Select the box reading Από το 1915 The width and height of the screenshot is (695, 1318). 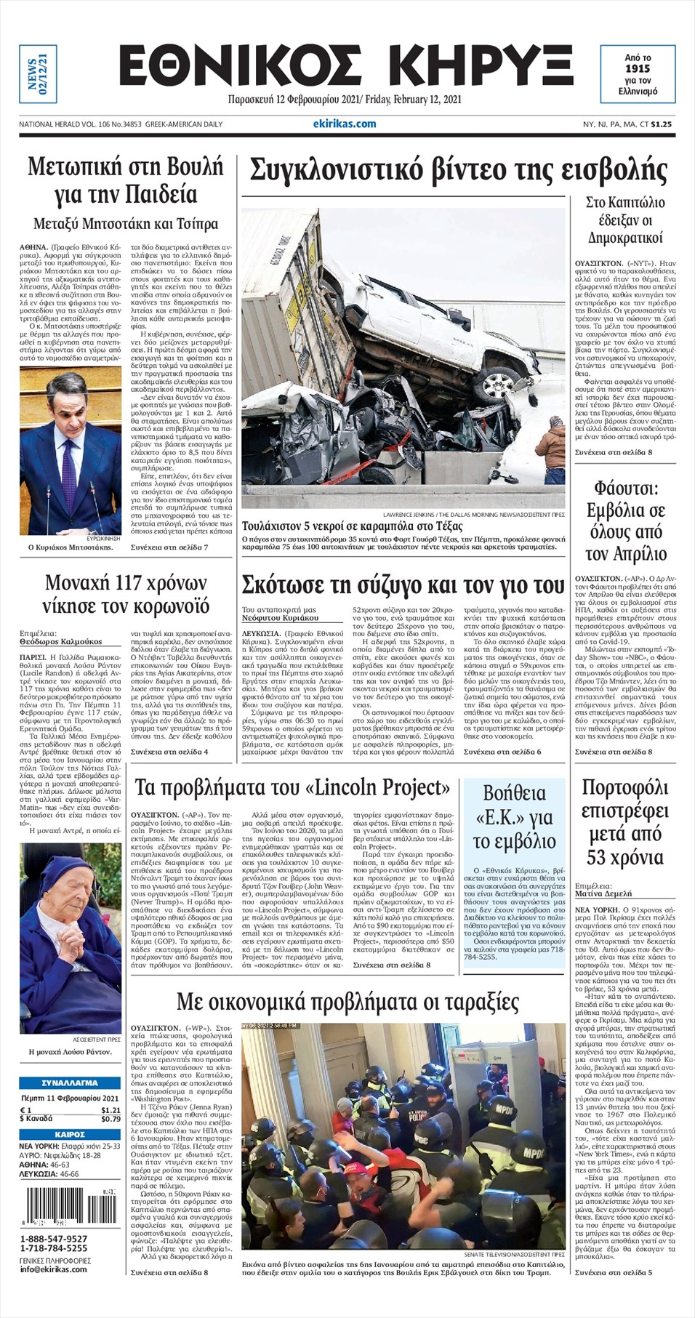click(x=638, y=74)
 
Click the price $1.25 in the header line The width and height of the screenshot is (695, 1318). click(x=661, y=124)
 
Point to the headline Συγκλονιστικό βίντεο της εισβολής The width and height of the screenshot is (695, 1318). click(x=458, y=171)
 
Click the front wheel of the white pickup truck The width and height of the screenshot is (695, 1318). click(x=499, y=383)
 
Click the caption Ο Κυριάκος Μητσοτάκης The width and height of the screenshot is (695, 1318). click(x=71, y=547)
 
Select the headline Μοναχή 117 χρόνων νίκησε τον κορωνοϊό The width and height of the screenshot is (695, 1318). click(x=126, y=594)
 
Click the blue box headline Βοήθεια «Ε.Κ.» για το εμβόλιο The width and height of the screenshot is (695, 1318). click(x=514, y=817)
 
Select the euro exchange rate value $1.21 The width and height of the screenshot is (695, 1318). click(x=111, y=1110)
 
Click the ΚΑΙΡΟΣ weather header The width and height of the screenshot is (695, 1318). click(x=70, y=1134)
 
